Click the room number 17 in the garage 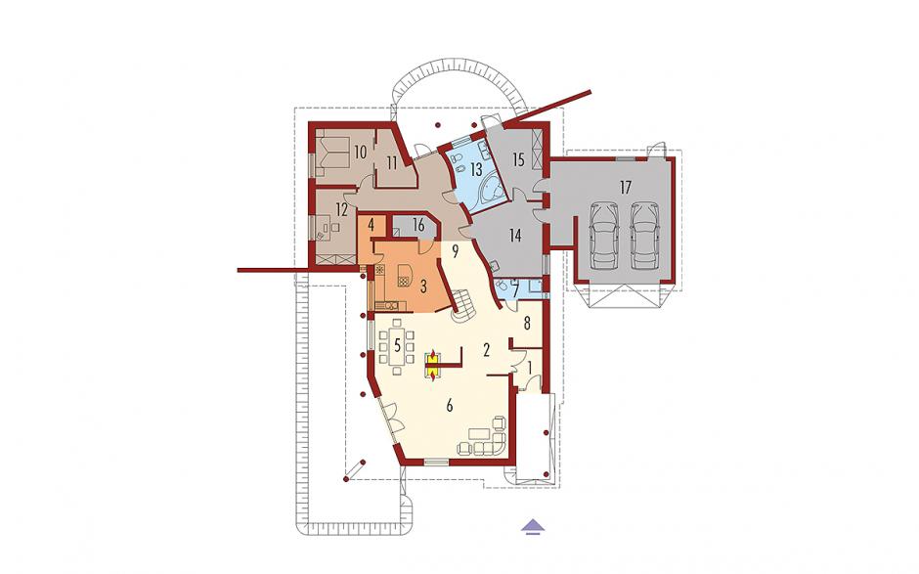click(626, 188)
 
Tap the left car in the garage click(603, 234)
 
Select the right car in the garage click(643, 234)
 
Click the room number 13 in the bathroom click(476, 170)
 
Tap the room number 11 click(392, 162)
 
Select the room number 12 click(342, 209)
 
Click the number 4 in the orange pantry click(371, 223)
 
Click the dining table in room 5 click(397, 347)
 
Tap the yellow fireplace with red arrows click(432, 365)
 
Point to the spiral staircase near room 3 click(463, 307)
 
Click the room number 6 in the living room click(450, 406)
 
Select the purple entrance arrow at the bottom click(531, 526)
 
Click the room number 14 click(514, 236)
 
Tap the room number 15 click(517, 159)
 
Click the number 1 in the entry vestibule click(531, 369)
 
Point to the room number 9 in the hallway click(455, 252)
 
